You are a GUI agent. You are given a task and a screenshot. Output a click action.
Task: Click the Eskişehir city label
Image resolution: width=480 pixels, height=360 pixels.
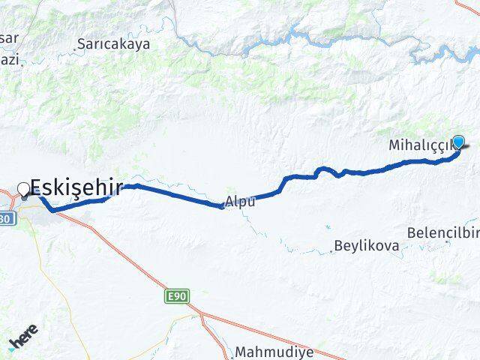[x=76, y=187]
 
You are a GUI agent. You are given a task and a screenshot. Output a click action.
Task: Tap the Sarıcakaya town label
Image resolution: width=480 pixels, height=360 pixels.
[x=112, y=44]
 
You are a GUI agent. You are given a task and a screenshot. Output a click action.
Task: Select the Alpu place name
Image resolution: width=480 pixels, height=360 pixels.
[x=241, y=201]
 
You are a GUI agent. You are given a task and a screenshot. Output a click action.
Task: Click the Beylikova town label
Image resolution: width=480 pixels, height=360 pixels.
[x=367, y=245]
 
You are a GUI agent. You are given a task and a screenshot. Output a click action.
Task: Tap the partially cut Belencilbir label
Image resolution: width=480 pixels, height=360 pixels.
[x=442, y=232]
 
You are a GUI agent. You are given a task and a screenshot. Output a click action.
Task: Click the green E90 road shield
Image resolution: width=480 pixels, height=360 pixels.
[x=175, y=297]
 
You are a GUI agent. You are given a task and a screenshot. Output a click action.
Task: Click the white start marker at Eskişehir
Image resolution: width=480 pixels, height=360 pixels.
[x=24, y=190]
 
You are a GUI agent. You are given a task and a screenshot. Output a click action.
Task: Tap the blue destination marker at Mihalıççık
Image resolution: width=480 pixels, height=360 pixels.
[x=458, y=142]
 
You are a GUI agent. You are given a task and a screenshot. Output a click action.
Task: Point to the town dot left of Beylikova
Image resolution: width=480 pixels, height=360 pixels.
[x=331, y=251]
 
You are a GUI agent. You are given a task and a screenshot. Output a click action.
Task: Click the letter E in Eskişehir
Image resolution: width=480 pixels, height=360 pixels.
[x=37, y=187]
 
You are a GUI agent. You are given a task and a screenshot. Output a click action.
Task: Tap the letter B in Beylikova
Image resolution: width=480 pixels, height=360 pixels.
[x=338, y=245]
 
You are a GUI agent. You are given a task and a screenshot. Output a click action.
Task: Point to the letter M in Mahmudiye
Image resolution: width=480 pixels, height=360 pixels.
[x=240, y=351]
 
